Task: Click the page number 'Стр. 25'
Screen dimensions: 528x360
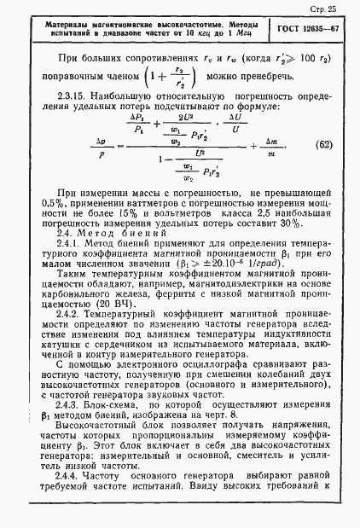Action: tap(332, 9)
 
